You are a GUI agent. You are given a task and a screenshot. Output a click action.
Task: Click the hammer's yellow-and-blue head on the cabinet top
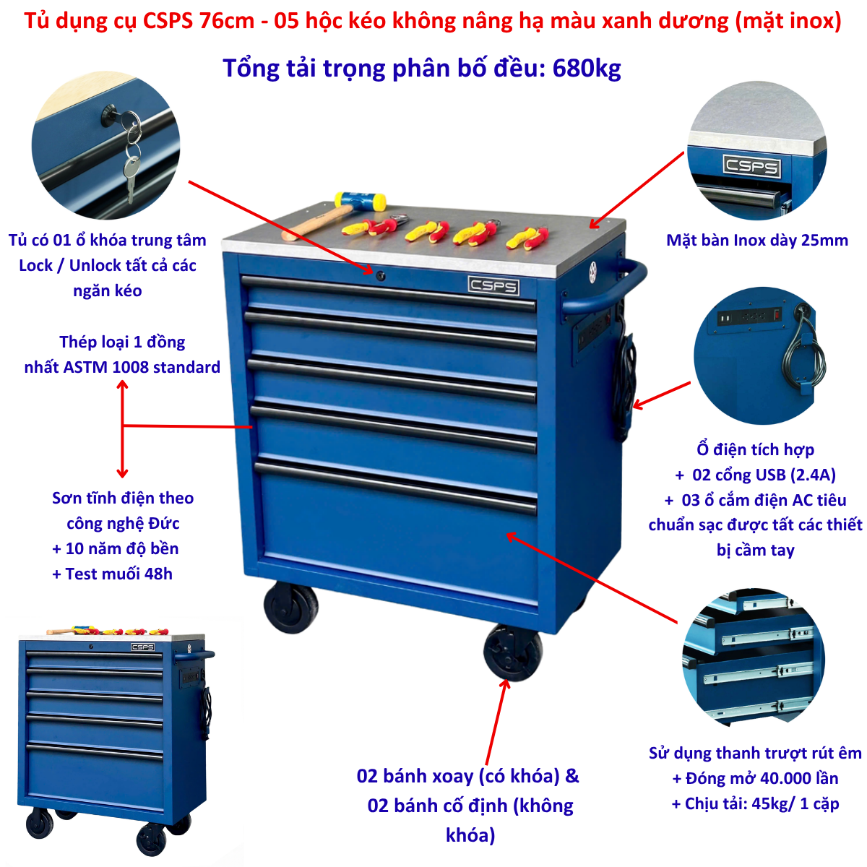click(360, 201)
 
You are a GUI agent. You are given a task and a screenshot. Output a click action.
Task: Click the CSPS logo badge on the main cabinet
click(493, 285)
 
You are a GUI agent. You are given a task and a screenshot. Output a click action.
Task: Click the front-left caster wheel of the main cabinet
click(291, 607)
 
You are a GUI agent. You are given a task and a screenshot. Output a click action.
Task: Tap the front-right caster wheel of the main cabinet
click(512, 652)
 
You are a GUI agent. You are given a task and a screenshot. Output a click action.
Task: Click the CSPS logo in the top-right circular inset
click(751, 166)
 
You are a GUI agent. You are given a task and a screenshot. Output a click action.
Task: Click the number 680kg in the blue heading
click(587, 69)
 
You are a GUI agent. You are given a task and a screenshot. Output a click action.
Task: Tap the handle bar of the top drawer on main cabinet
click(389, 294)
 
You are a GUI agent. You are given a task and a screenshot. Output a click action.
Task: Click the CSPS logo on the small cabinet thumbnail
click(142, 647)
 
